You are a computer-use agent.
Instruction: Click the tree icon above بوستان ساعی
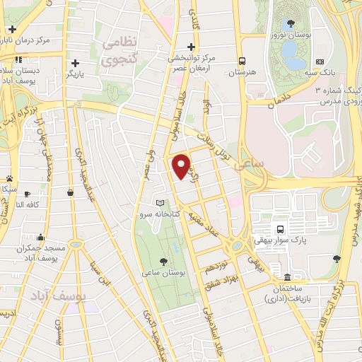[164, 260]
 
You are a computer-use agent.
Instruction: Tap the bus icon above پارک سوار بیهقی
[281, 229]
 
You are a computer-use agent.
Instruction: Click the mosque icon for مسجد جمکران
[41, 238]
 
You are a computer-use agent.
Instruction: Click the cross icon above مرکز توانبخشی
[191, 47]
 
